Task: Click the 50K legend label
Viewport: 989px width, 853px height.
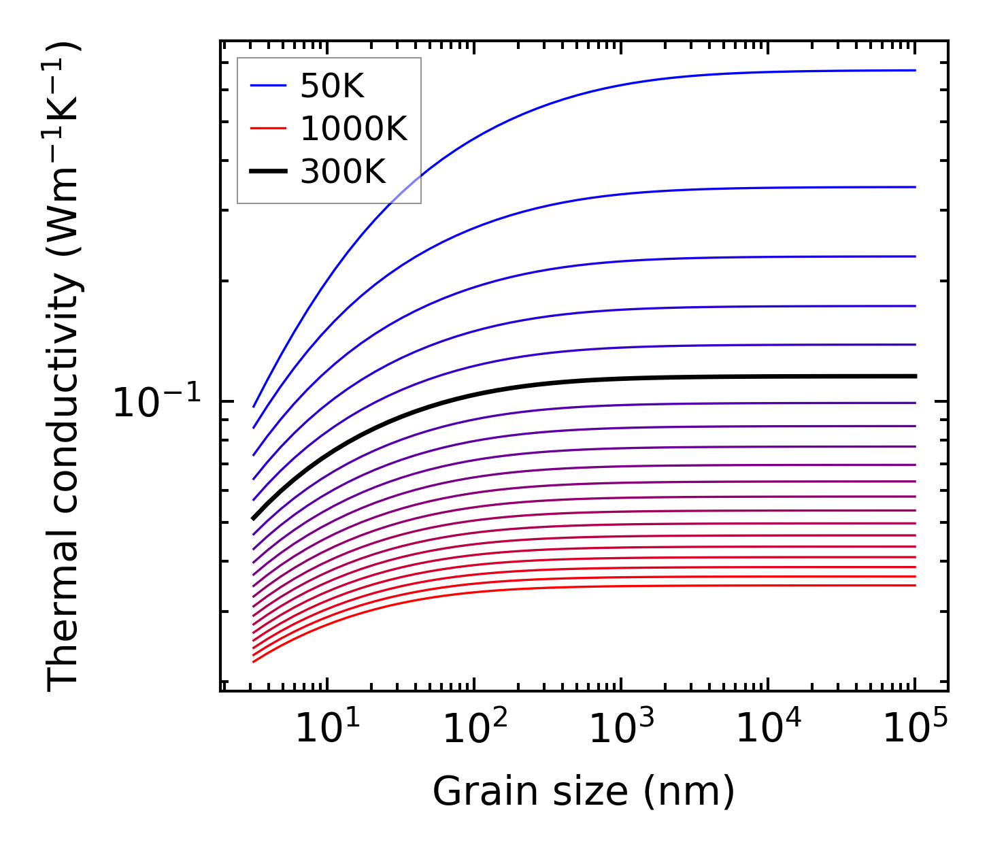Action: [x=332, y=86]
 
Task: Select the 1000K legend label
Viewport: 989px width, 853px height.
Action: [x=354, y=129]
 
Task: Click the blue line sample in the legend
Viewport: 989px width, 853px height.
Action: [x=268, y=86]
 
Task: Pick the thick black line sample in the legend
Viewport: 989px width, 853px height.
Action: [x=268, y=171]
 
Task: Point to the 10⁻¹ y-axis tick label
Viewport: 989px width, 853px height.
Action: [x=157, y=403]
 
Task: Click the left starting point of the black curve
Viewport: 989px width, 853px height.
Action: [x=253, y=518]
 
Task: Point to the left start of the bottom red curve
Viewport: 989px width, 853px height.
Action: [x=253, y=661]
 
